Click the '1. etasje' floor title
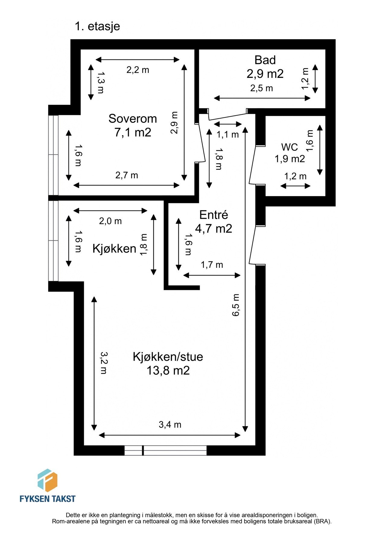tap(97, 26)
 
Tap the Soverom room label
tap(133, 119)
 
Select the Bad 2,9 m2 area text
tap(265, 74)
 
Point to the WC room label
tap(290, 147)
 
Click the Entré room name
tap(214, 215)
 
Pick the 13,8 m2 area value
tap(168, 370)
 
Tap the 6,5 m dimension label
tap(236, 305)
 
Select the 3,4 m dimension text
tap(170, 425)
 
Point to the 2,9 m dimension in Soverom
tap(174, 122)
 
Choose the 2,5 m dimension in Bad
tap(261, 88)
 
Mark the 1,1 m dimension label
tap(227, 135)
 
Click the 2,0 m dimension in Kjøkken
tap(110, 221)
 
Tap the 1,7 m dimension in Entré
tap(212, 265)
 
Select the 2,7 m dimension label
tap(127, 175)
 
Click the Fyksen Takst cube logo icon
tap(47, 480)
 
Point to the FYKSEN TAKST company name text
tap(47, 499)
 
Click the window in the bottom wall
tap(165, 450)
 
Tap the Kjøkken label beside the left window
tap(114, 249)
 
